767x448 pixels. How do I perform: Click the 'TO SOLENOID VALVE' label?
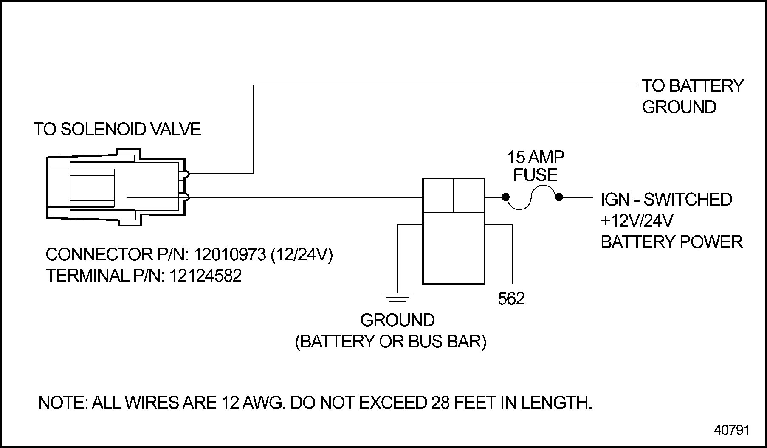tap(117, 130)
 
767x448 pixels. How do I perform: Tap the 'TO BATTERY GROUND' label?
tap(692, 96)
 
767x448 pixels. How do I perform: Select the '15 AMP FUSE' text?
tap(536, 166)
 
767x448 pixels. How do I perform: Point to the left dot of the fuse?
tap(505, 197)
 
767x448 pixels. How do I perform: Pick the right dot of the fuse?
tap(559, 197)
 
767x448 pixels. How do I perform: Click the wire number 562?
tap(511, 299)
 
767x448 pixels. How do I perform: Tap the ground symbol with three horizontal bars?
tap(397, 297)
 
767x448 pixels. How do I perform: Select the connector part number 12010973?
tap(229, 255)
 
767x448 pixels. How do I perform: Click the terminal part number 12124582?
tap(206, 276)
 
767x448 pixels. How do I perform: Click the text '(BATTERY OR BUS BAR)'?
tap(390, 341)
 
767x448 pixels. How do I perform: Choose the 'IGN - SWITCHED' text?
tap(666, 200)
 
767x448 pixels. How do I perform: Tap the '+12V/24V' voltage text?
tap(637, 221)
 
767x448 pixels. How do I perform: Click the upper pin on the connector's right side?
tap(186, 173)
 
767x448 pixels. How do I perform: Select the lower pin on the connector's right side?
tap(186, 197)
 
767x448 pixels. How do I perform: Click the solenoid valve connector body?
tap(115, 187)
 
